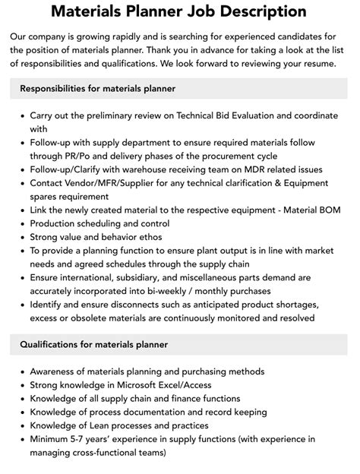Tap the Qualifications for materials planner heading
point(94,344)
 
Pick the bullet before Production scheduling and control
point(19,223)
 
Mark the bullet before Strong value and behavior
point(19,237)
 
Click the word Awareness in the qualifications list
point(56,371)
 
